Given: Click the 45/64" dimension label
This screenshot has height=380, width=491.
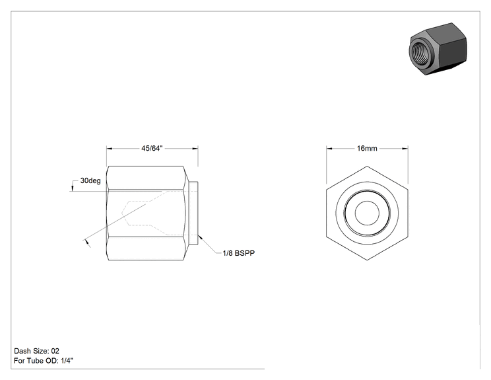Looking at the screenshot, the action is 152,148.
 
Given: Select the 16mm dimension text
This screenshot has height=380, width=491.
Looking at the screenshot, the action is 367,148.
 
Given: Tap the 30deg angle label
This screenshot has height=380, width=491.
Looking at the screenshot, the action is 90,180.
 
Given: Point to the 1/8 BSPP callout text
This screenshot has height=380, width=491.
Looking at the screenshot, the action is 239,253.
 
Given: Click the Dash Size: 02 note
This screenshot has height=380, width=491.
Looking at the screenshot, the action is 37,351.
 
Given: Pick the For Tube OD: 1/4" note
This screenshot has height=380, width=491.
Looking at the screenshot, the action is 44,361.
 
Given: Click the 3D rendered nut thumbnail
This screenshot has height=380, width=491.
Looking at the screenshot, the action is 438,49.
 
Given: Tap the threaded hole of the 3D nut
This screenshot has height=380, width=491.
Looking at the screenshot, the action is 420,50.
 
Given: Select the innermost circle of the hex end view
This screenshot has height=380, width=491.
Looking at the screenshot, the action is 367,213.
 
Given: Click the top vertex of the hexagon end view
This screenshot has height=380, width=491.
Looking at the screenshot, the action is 367,166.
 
